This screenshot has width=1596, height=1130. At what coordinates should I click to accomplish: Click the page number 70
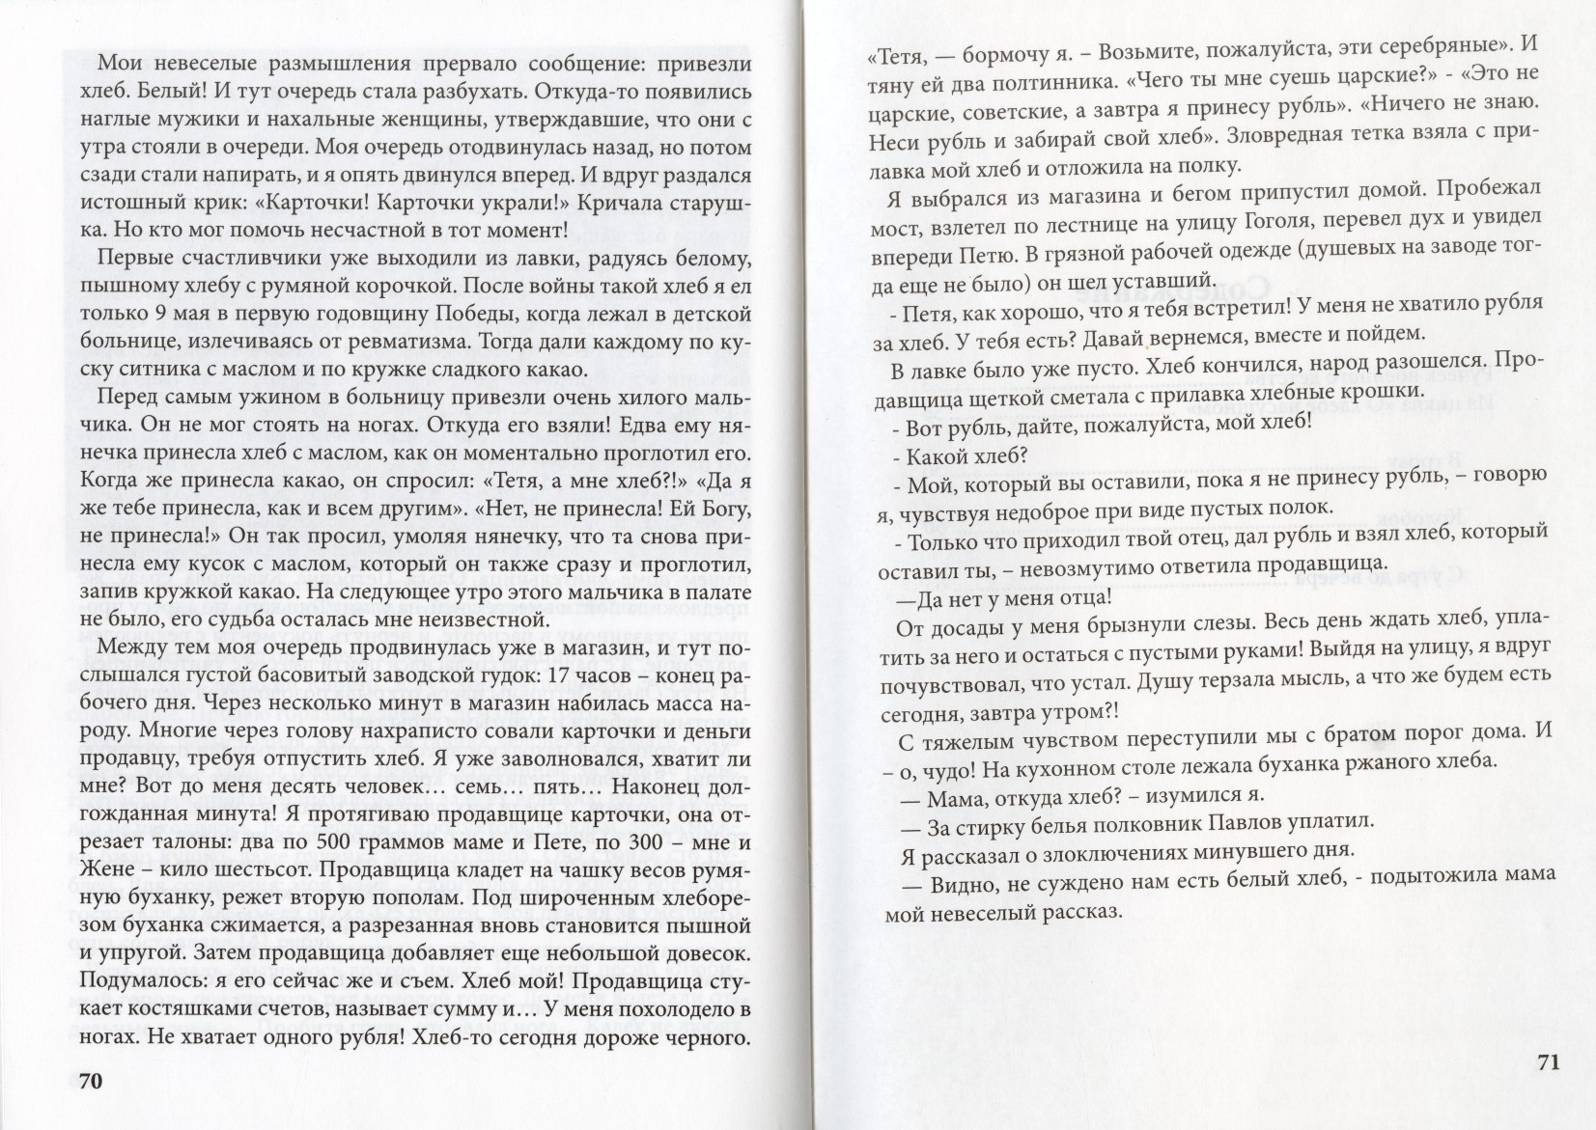89,1082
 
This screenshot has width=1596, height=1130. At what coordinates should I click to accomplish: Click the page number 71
1547,1062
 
